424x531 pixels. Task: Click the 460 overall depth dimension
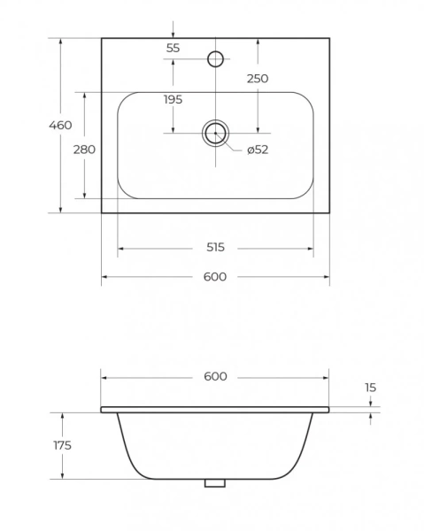[60, 126]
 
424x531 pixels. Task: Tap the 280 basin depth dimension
[84, 150]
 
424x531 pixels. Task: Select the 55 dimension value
[173, 48]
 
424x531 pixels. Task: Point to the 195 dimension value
[173, 99]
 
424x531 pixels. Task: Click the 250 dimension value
[258, 79]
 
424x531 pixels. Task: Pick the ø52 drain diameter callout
[258, 150]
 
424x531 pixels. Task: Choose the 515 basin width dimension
[215, 248]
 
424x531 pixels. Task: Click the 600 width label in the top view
[215, 277]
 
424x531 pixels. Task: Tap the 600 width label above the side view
[215, 377]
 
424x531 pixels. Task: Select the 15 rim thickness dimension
[371, 388]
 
